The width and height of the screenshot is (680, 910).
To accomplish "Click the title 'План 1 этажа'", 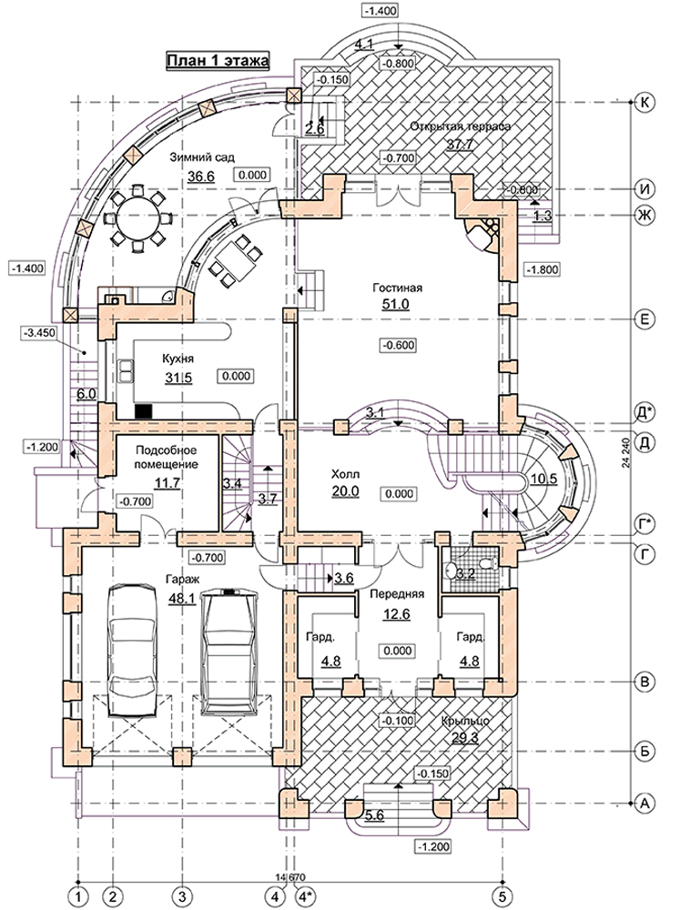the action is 218,61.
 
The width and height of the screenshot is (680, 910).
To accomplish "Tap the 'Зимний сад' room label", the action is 202,157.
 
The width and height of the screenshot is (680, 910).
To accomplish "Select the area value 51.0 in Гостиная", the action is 395,304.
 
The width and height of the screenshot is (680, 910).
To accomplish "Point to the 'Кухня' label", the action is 178,359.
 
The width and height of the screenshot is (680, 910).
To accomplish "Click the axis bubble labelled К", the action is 644,102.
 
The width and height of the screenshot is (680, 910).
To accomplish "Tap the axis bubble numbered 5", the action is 502,895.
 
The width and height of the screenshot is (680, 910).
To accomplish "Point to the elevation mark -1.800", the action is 543,269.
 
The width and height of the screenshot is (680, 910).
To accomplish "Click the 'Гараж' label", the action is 182,579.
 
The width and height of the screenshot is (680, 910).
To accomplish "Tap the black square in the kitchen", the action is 144,411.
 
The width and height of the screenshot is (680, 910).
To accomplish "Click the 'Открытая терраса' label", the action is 460,126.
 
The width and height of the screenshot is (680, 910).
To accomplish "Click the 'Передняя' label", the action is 397,594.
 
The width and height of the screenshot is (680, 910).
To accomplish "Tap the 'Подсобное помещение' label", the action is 166,458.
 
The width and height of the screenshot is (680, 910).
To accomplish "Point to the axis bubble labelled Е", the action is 644,319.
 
